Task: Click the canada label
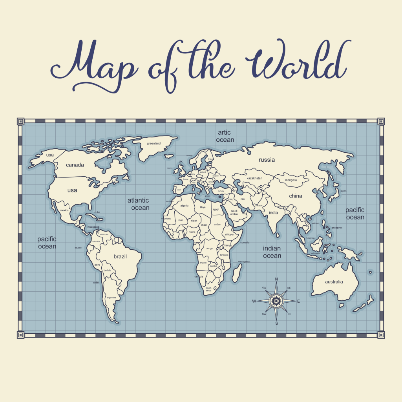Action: [x=75, y=165]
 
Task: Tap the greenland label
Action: [x=153, y=144]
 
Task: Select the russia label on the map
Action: [x=267, y=160]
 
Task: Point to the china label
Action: [x=296, y=196]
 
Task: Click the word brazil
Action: [x=120, y=256]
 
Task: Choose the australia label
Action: [x=334, y=281]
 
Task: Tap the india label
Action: [x=273, y=213]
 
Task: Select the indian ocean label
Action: [x=272, y=252]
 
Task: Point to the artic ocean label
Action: [x=225, y=136]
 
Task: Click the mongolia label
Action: [x=291, y=180]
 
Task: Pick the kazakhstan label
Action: [x=254, y=178]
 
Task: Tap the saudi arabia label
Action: [x=234, y=212]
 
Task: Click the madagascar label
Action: [x=244, y=262]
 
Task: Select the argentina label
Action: [x=111, y=298]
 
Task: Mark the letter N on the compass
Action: [x=276, y=279]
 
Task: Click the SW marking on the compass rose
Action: [x=264, y=314]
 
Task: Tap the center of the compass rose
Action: [x=276, y=301]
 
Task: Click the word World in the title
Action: [x=296, y=63]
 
